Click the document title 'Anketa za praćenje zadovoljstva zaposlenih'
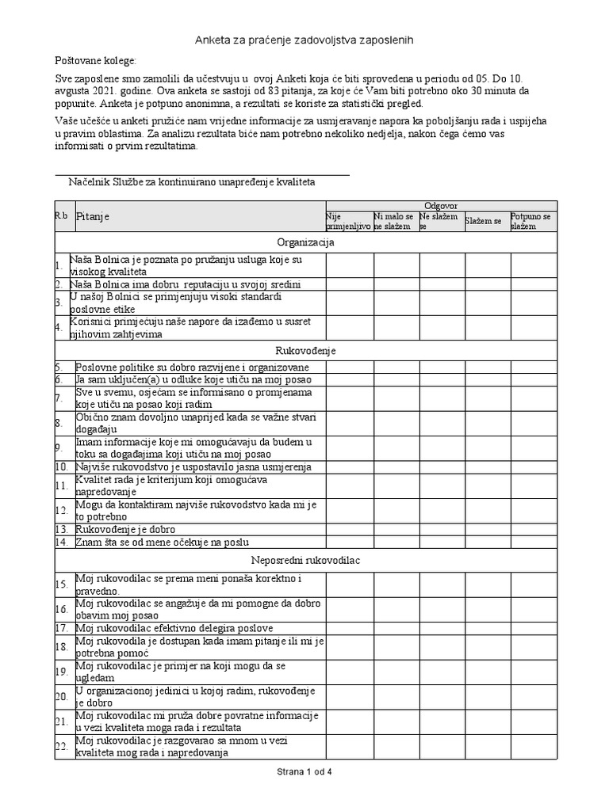coord(304,39)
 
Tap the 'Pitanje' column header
coord(94,216)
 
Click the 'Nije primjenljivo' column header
coord(348,221)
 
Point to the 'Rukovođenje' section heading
coord(305,349)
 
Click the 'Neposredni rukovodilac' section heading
coord(305,560)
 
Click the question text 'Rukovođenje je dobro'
coord(125,529)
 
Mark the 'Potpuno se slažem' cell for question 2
coord(534,284)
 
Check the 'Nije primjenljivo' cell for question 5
coord(349,367)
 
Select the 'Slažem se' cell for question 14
coord(487,542)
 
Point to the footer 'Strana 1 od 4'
coord(305,771)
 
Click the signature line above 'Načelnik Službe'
coord(201,174)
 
